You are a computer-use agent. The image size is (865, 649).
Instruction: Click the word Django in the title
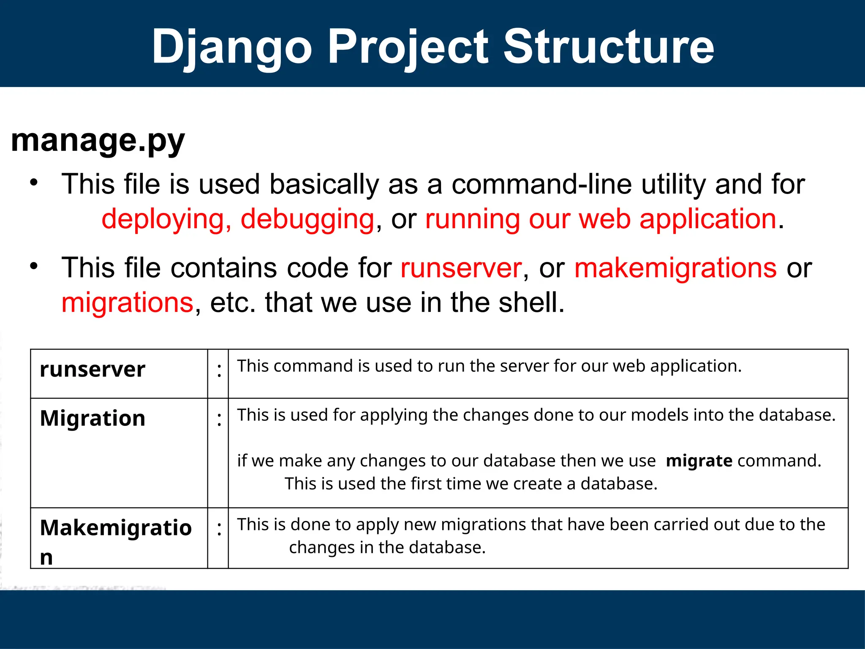[x=232, y=47]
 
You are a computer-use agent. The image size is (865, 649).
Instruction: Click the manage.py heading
[x=98, y=141]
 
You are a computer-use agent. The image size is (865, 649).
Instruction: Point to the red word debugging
[x=307, y=219]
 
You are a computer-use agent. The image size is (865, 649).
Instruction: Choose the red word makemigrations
[x=675, y=268]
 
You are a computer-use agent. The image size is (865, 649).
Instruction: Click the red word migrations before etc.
[x=128, y=303]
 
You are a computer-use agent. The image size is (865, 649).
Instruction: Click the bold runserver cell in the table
[x=92, y=369]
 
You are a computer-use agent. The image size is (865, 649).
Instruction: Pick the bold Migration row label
[x=92, y=418]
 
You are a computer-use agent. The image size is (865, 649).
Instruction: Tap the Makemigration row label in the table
[x=115, y=528]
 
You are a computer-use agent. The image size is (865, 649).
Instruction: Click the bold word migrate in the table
[x=699, y=461]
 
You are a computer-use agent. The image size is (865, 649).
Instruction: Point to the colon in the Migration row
[x=219, y=420]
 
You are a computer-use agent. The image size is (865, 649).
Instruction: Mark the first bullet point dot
[x=34, y=183]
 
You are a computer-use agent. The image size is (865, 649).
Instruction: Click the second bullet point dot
[x=34, y=266]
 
